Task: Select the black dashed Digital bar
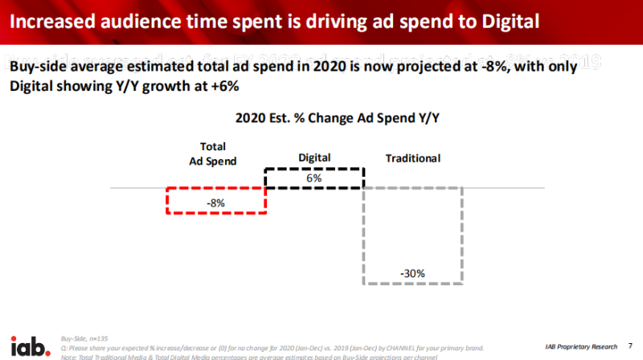coord(314,178)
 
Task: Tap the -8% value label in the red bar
coord(215,203)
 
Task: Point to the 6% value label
coord(314,178)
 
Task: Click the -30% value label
coord(412,273)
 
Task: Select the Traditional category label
coord(413,158)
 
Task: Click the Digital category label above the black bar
coord(314,157)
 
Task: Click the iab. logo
coord(29,345)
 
